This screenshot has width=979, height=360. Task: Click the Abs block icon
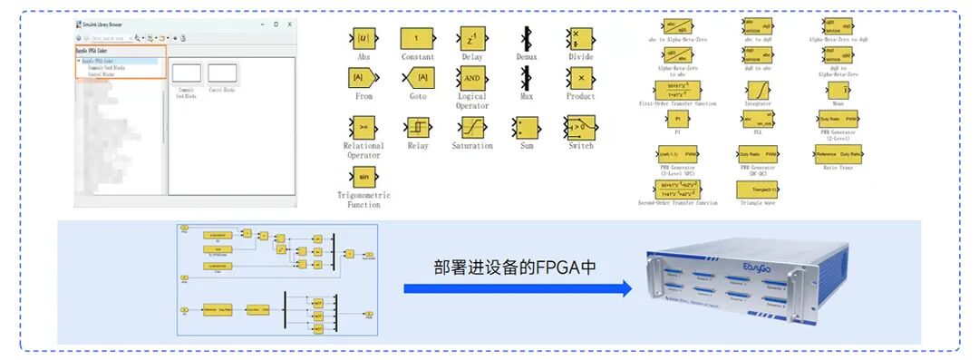[363, 39]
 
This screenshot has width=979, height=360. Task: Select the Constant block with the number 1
[416, 39]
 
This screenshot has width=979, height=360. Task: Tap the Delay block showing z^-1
[471, 39]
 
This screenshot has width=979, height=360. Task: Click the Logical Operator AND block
[471, 78]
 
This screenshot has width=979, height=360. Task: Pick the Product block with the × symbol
[581, 78]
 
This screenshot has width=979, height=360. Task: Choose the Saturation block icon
[471, 127]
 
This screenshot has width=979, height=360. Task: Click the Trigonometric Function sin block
[363, 177]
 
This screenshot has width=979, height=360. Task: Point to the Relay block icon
[417, 127]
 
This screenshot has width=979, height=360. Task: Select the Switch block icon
[580, 127]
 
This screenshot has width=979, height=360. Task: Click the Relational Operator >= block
[363, 127]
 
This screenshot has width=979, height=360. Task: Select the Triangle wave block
[757, 188]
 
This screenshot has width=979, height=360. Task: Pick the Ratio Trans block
[838, 154]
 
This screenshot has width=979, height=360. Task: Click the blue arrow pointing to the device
[518, 288]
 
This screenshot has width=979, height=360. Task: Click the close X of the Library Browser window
[290, 24]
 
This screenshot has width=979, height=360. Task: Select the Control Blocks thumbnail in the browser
[222, 74]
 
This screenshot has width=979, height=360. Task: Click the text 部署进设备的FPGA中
[517, 268]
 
